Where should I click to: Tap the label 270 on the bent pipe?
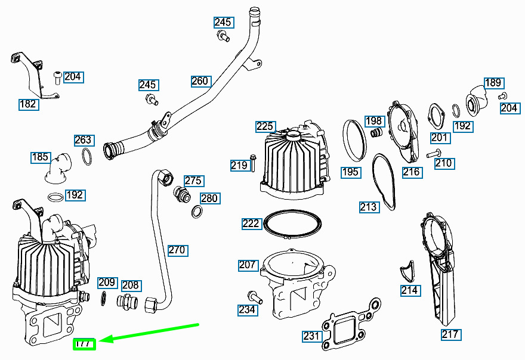pyautogui.click(x=178, y=250)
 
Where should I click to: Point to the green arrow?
pyautogui.click(x=149, y=333)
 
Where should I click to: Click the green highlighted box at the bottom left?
pyautogui.click(x=84, y=345)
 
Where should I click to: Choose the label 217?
pyautogui.click(x=450, y=334)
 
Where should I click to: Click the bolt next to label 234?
pyautogui.click(x=255, y=297)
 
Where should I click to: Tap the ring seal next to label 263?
pyautogui.click(x=87, y=156)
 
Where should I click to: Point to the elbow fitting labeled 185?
pyautogui.click(x=58, y=167)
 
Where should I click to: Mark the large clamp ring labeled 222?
pyautogui.click(x=292, y=224)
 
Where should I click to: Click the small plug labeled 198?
pyautogui.click(x=376, y=132)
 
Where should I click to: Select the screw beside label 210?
pyautogui.click(x=434, y=154)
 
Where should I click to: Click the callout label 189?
pyautogui.click(x=494, y=83)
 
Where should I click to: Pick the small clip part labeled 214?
pyautogui.click(x=407, y=271)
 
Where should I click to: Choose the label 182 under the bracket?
pyautogui.click(x=29, y=104)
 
